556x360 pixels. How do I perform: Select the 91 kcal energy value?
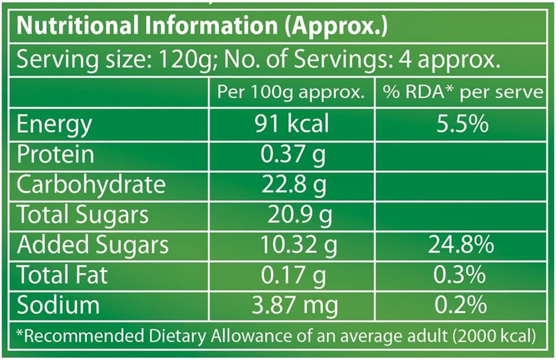click(x=292, y=124)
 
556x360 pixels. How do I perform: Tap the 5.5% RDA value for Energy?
click(x=462, y=124)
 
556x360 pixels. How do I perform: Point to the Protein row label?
click(x=55, y=154)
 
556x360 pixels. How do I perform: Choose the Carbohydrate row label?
click(x=91, y=185)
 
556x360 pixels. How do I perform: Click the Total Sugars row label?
click(x=82, y=215)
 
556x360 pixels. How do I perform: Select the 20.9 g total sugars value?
click(x=299, y=216)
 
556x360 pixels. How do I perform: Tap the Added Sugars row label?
click(x=93, y=245)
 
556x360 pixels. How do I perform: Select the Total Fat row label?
click(x=62, y=275)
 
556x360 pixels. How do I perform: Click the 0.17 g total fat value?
click(x=293, y=276)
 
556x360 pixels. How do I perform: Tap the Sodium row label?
click(x=58, y=305)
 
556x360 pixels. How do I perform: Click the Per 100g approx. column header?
click(x=291, y=92)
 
